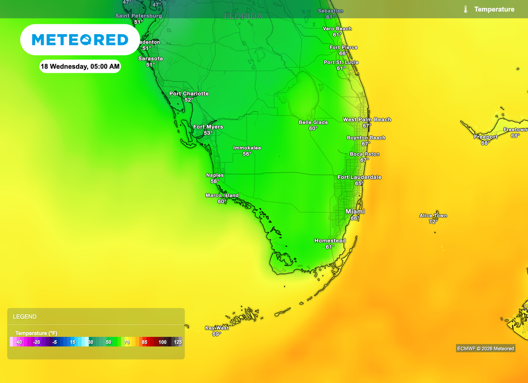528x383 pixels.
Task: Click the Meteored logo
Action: point(80,40)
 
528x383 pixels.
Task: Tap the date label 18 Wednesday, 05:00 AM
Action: point(80,66)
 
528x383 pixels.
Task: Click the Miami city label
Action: point(355,212)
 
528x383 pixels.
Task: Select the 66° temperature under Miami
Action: point(355,218)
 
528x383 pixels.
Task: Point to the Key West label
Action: point(217,328)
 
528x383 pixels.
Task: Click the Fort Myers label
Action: point(208,126)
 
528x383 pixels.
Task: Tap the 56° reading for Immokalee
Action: point(247,154)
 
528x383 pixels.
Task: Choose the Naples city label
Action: point(215,175)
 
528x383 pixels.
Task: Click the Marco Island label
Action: point(222,195)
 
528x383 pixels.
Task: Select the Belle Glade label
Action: point(313,122)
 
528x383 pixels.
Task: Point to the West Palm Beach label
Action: point(367,119)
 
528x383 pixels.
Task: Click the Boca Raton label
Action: point(365,154)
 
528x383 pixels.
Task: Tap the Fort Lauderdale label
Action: point(359,177)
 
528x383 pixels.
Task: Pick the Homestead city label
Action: point(330,241)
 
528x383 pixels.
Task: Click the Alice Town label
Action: point(433,215)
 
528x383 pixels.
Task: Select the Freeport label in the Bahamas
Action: point(485,137)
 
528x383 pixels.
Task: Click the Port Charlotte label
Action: point(189,93)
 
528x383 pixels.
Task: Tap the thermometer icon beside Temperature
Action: point(465,9)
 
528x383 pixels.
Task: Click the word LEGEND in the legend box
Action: point(25,316)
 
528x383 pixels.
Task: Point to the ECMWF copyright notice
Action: point(485,348)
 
